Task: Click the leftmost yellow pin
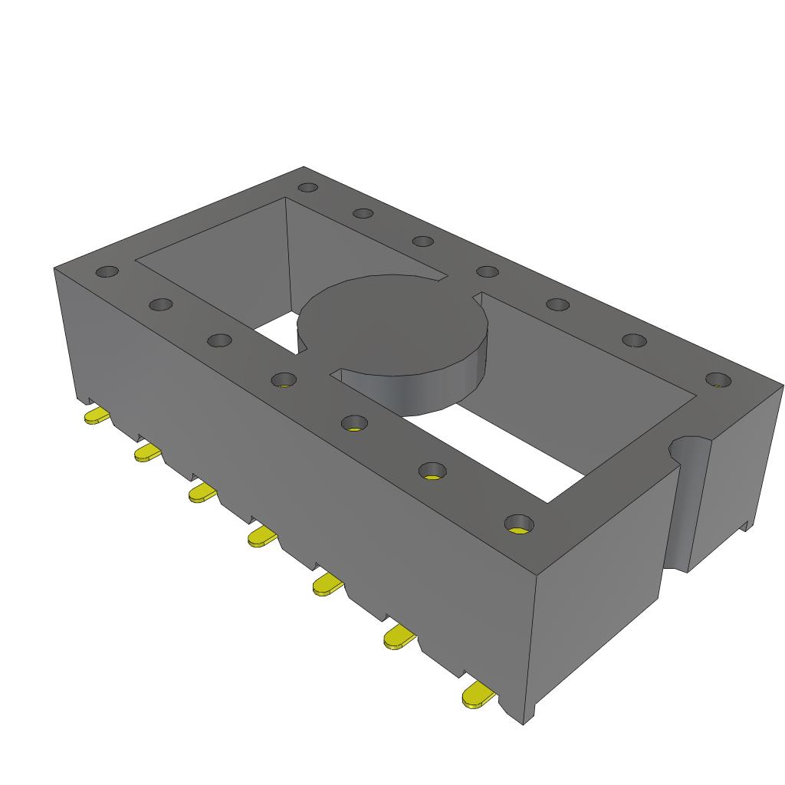click(96, 416)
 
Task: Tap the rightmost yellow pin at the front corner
click(478, 695)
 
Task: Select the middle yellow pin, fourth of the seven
click(261, 537)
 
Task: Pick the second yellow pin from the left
click(146, 453)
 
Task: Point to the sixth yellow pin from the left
click(399, 637)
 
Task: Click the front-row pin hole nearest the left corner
click(107, 271)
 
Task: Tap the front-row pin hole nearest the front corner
click(519, 524)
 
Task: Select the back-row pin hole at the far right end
click(718, 379)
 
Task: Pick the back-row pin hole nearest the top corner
click(307, 187)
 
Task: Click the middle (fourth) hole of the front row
click(284, 379)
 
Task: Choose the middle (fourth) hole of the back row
click(487, 271)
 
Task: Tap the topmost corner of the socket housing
click(304, 167)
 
